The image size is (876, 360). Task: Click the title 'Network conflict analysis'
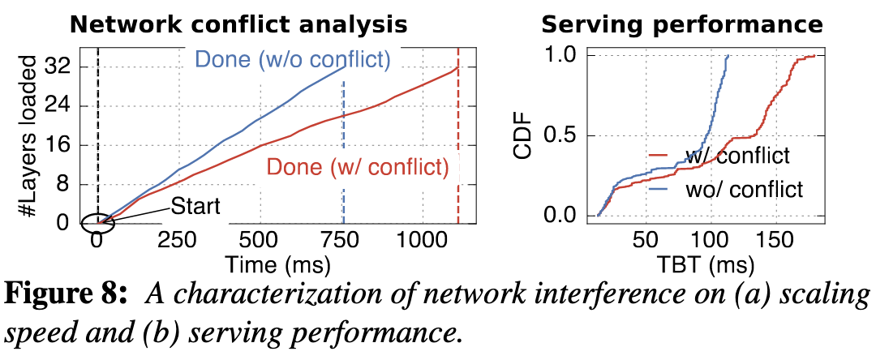238,24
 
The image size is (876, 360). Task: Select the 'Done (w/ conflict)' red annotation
358,167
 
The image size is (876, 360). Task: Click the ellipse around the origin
97,221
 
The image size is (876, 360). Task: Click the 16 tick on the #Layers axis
68,144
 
